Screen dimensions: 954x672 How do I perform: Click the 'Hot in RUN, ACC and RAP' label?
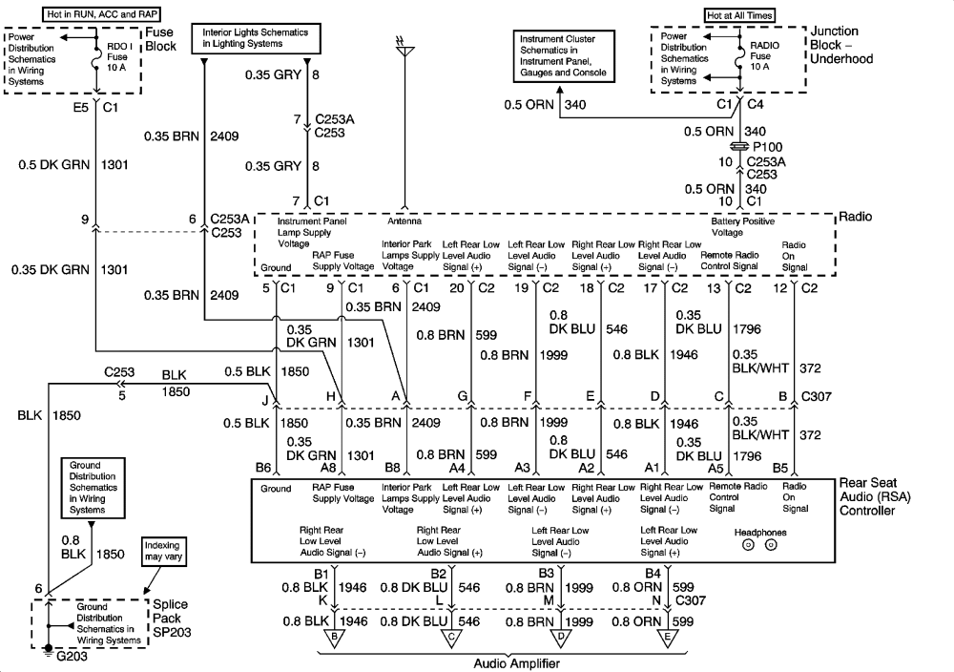(103, 14)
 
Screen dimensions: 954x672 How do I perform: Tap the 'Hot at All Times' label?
(740, 15)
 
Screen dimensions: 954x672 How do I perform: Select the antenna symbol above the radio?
(404, 48)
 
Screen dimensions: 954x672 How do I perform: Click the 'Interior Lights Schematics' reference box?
(256, 38)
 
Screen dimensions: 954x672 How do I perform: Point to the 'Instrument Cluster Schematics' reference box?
(564, 56)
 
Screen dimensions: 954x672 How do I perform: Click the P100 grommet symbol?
(739, 147)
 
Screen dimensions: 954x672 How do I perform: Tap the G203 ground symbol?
(49, 651)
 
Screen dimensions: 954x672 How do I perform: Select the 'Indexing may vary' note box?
(162, 552)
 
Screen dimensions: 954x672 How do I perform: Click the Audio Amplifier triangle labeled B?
(333, 638)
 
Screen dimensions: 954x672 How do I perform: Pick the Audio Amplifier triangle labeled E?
(668, 638)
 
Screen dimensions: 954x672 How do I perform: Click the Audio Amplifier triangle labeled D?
(560, 638)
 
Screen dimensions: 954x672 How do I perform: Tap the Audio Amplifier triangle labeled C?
(451, 638)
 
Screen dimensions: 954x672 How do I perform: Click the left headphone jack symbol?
(748, 545)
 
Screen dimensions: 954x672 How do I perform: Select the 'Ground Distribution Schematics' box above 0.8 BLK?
(93, 488)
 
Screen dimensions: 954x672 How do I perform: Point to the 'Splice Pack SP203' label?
(171, 619)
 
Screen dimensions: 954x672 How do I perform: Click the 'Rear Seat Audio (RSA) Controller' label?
(875, 496)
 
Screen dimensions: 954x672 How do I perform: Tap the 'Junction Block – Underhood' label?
(841, 45)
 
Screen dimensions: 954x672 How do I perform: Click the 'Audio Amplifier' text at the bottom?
(516, 663)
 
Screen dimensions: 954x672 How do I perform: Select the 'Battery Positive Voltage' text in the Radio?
(743, 227)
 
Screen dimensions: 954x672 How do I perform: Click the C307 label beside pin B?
(817, 396)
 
